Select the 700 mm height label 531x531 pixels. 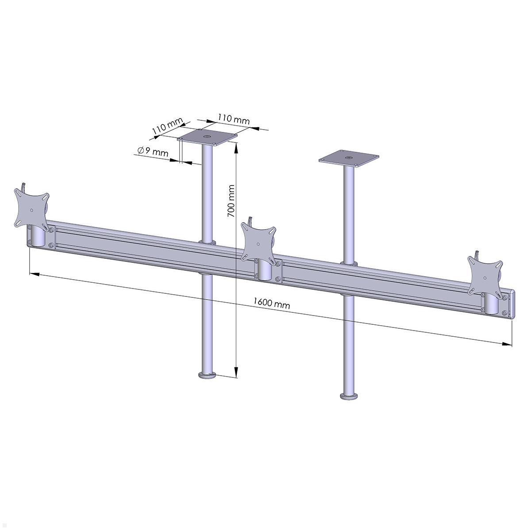point(231,201)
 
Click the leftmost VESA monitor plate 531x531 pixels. point(31,208)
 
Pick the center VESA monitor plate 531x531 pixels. point(258,243)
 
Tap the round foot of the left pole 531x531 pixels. point(206,376)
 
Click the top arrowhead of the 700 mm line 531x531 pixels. point(236,149)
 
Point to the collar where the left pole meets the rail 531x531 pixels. point(207,242)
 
